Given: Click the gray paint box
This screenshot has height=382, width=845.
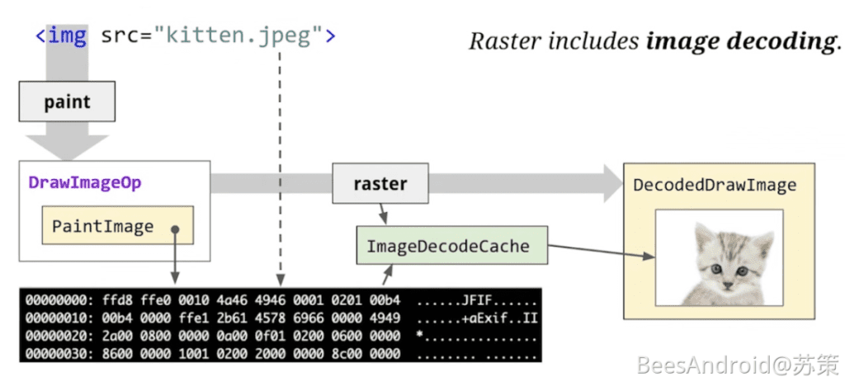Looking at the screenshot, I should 67,103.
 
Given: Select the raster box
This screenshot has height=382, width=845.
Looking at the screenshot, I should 380,183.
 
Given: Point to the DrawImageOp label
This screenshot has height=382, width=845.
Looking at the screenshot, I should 85,182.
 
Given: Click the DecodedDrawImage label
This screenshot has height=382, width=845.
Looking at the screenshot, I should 715,185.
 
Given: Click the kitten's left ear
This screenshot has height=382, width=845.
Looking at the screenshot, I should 702,235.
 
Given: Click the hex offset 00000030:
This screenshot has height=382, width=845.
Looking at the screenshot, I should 59,353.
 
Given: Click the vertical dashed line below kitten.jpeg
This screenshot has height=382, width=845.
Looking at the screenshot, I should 281,165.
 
